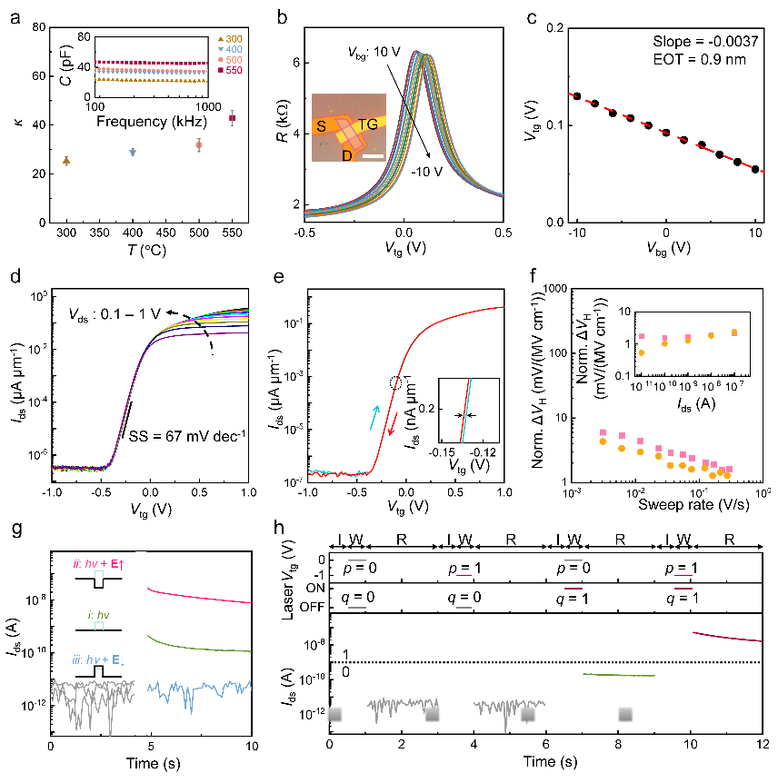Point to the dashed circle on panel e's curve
(396, 382)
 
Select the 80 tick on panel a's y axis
(36, 27)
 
